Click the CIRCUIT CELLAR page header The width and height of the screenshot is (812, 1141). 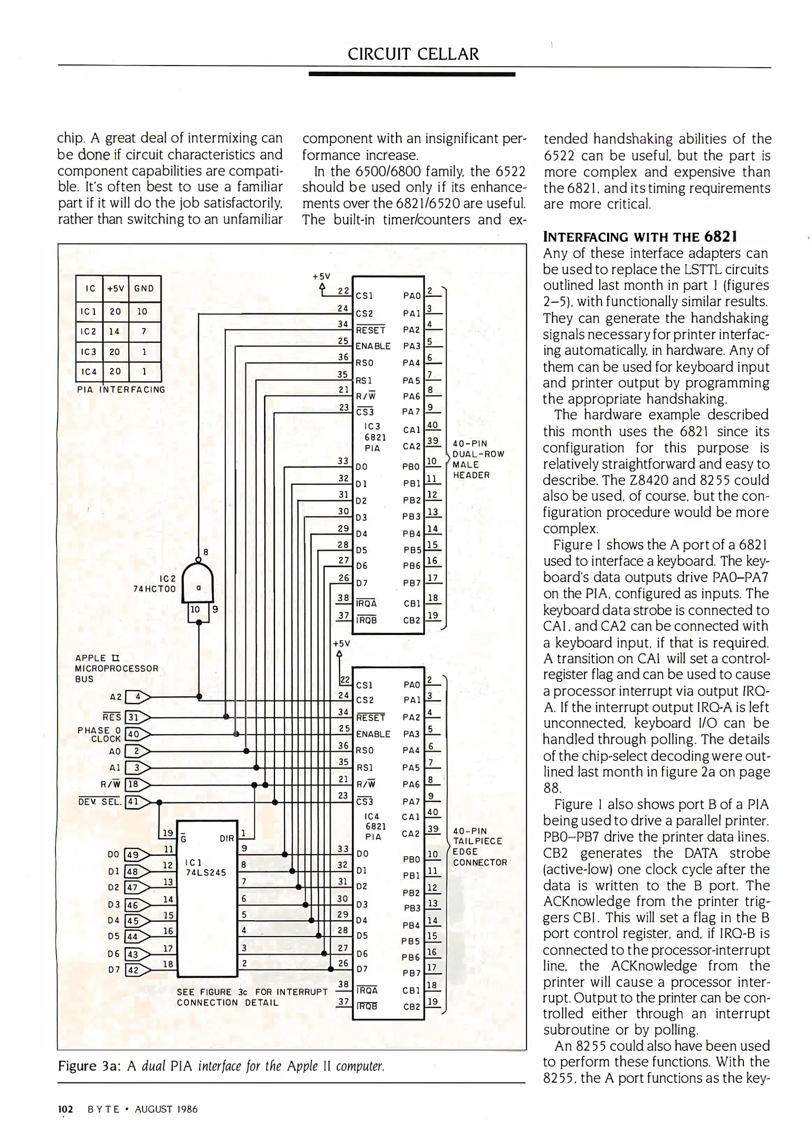pos(413,54)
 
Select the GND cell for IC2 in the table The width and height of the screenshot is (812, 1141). pos(143,332)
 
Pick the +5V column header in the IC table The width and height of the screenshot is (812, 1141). pos(115,288)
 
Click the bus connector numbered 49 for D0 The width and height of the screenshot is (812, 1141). pos(133,854)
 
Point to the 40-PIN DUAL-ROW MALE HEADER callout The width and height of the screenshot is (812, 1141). pos(478,459)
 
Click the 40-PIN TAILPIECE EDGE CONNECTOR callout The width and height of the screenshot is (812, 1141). pos(479,847)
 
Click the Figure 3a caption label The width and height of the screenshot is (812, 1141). pos(90,1066)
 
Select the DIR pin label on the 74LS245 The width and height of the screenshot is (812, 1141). pos(226,838)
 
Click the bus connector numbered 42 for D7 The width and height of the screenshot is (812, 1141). pos(133,970)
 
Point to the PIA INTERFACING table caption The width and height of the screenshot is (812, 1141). pos(121,390)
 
